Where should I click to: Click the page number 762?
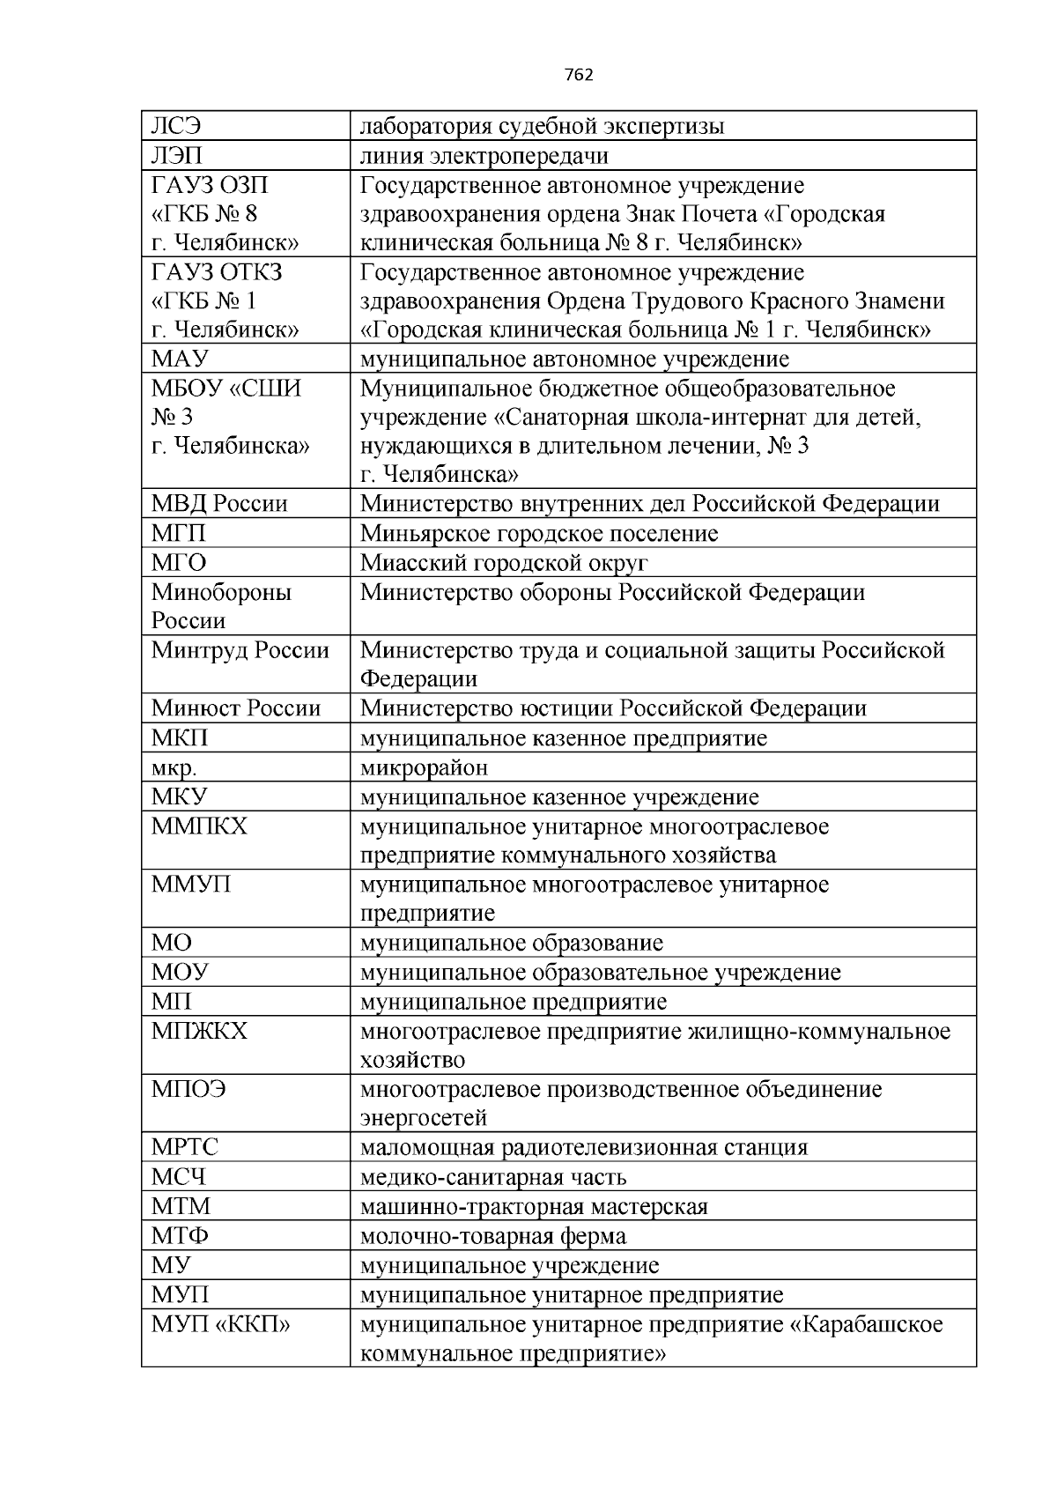(x=578, y=75)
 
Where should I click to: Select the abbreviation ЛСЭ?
(x=176, y=127)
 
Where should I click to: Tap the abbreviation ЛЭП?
(x=177, y=156)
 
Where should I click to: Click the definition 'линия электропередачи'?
(x=484, y=156)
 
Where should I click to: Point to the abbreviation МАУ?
(x=180, y=359)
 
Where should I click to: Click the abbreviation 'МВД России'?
(x=219, y=504)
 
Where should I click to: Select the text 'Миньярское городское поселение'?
(x=539, y=533)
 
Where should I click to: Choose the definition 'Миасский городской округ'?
(x=504, y=562)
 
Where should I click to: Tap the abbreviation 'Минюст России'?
(x=235, y=708)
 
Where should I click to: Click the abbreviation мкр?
(x=174, y=768)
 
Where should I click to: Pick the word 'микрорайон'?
(x=424, y=767)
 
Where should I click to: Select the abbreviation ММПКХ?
(x=199, y=826)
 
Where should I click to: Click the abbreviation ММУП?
(x=191, y=885)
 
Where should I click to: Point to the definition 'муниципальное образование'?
(x=511, y=943)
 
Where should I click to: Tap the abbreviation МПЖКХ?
(x=199, y=1031)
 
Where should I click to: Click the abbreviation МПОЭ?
(x=188, y=1089)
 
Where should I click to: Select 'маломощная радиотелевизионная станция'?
(x=583, y=1147)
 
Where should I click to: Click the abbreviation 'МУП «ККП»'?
(x=220, y=1324)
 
